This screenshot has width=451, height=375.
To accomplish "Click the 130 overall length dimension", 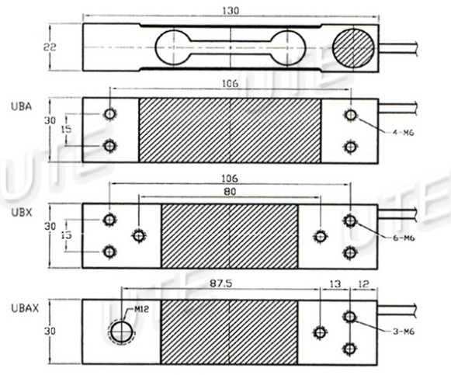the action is [231, 11].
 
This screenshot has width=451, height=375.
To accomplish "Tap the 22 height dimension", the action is [50, 47].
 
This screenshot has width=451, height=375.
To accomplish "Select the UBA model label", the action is [21, 106].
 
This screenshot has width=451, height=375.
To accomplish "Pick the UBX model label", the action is [21, 213].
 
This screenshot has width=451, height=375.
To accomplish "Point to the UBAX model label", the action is [25, 308].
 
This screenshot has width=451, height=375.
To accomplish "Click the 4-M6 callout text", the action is [403, 133].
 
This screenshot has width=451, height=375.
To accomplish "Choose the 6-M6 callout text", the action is [404, 238].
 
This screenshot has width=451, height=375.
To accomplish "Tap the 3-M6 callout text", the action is [404, 332].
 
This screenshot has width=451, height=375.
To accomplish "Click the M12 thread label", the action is [141, 310].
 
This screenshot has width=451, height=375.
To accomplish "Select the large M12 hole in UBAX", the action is [122, 332].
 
